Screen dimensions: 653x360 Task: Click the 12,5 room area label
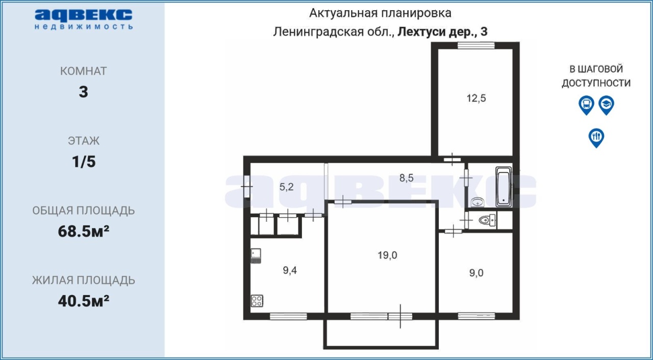click(476, 98)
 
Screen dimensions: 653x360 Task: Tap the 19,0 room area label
click(387, 255)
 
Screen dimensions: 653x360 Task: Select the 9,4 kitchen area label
click(290, 271)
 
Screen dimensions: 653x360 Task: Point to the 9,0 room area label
click(476, 273)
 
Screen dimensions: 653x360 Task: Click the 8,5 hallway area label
click(406, 177)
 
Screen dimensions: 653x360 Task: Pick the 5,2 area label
click(286, 187)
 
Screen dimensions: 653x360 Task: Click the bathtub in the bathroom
click(504, 187)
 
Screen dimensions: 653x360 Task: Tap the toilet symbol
click(487, 220)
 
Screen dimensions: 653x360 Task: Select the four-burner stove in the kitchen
click(257, 301)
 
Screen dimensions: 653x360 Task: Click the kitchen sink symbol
click(256, 256)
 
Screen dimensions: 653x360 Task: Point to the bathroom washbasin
click(477, 202)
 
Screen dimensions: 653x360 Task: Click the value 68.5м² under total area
click(83, 232)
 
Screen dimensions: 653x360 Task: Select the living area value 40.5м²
click(83, 301)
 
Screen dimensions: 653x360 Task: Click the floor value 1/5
click(84, 162)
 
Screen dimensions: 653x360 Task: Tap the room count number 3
click(83, 92)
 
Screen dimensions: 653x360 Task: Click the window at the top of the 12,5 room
click(476, 45)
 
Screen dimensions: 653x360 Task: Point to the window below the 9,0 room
click(476, 316)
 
